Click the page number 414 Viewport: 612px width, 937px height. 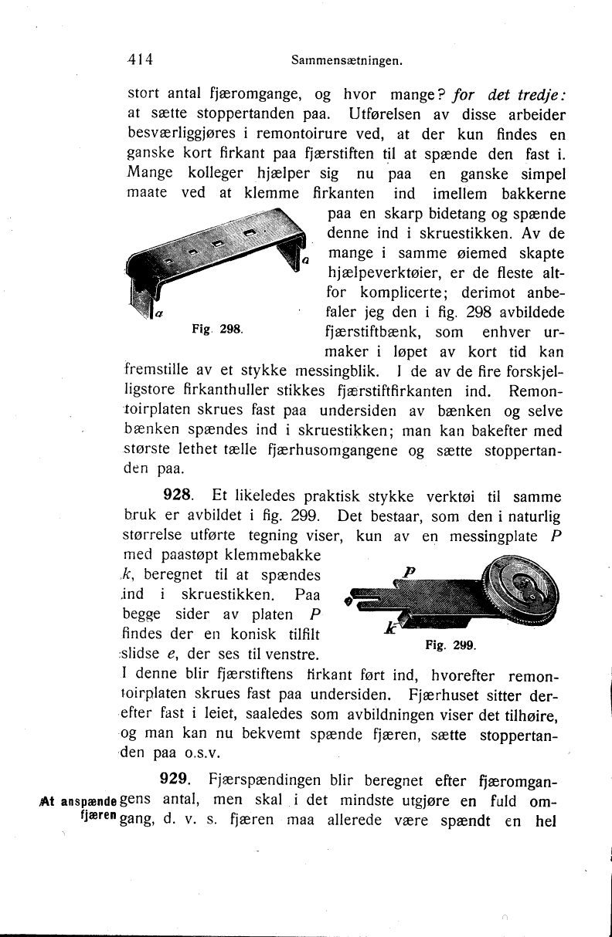pyautogui.click(x=142, y=58)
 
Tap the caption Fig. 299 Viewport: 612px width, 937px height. pyautogui.click(x=451, y=644)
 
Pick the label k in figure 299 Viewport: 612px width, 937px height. pyautogui.click(x=392, y=628)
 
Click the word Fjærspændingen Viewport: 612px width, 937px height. pyautogui.click(x=259, y=779)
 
